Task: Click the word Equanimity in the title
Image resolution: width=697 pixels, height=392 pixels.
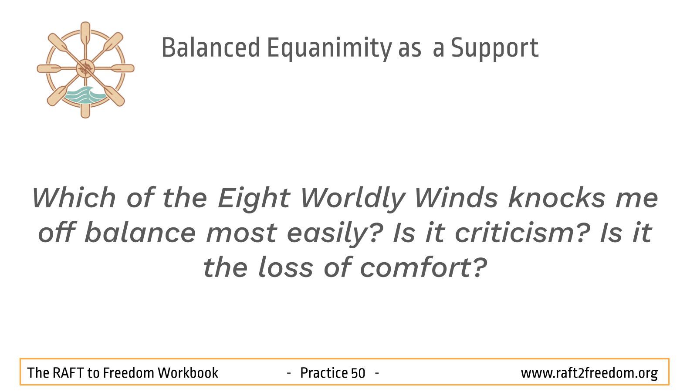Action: [x=329, y=48]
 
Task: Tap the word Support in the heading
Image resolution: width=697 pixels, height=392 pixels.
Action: [x=495, y=48]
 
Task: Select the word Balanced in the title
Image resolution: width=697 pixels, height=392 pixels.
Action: [x=211, y=47]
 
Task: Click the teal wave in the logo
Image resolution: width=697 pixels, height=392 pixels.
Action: [x=85, y=95]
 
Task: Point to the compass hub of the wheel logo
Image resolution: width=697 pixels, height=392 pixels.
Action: [x=85, y=68]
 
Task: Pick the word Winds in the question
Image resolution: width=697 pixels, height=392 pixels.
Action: [x=456, y=198]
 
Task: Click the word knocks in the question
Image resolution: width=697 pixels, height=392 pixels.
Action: [x=557, y=198]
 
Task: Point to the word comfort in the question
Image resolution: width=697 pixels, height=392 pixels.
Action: [x=423, y=267]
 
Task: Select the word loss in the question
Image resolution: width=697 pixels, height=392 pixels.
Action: [x=286, y=267]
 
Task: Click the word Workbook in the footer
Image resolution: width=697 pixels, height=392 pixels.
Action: [x=188, y=373]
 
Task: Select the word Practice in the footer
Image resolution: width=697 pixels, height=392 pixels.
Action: [x=324, y=373]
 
